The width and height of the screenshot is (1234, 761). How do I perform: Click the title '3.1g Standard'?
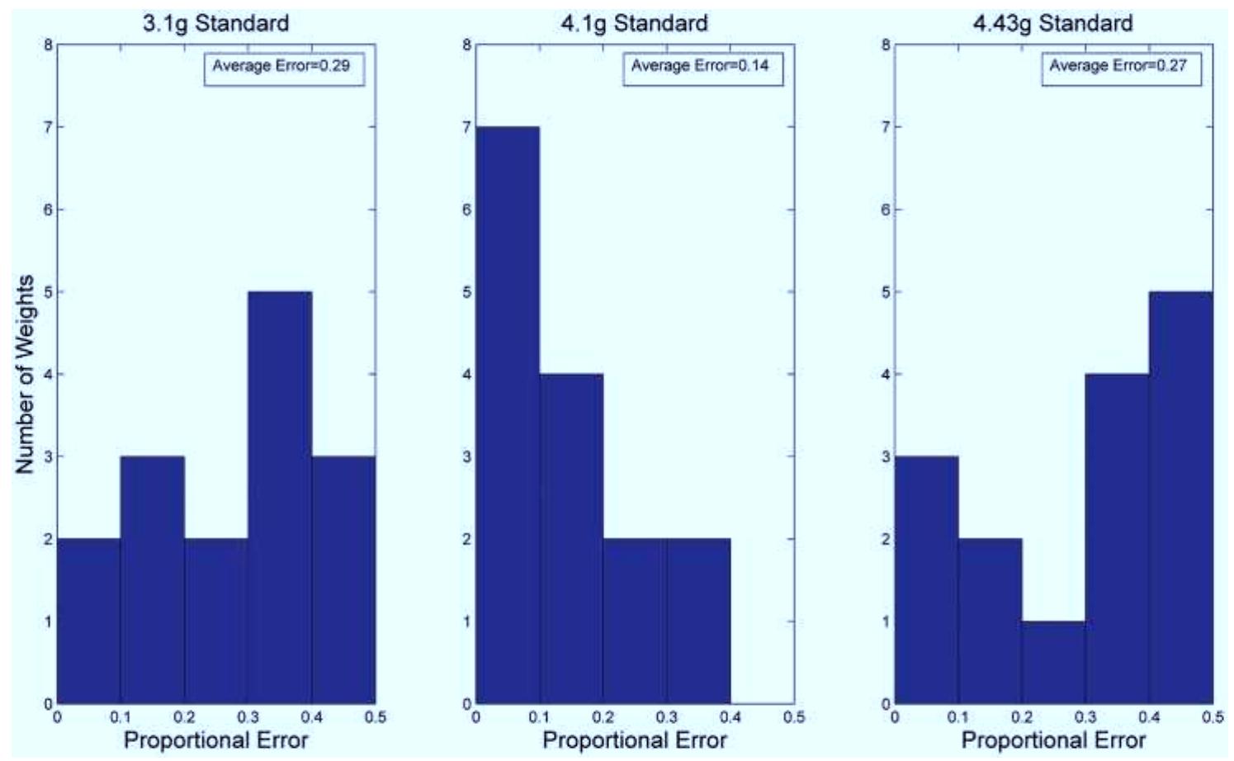click(216, 23)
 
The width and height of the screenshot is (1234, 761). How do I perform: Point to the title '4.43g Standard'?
click(1052, 23)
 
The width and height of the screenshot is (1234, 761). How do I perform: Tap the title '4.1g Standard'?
click(634, 23)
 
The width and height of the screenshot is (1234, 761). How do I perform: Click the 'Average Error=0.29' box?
click(284, 66)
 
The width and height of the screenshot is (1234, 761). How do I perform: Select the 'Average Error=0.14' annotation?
click(702, 66)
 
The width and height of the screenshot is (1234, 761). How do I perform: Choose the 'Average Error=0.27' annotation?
click(1121, 66)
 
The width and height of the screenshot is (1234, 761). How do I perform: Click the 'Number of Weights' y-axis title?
click(25, 374)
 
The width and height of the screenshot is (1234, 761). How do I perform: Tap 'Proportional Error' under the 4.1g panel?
click(634, 740)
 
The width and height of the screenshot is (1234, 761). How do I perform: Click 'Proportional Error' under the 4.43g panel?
click(1053, 740)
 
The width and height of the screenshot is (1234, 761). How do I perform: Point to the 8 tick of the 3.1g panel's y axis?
click(49, 45)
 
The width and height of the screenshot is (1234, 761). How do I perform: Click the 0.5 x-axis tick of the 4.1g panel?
click(794, 718)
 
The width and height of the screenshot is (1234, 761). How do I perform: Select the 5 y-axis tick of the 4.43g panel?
click(886, 292)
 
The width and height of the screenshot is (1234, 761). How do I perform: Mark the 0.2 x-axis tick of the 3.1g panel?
click(184, 718)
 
